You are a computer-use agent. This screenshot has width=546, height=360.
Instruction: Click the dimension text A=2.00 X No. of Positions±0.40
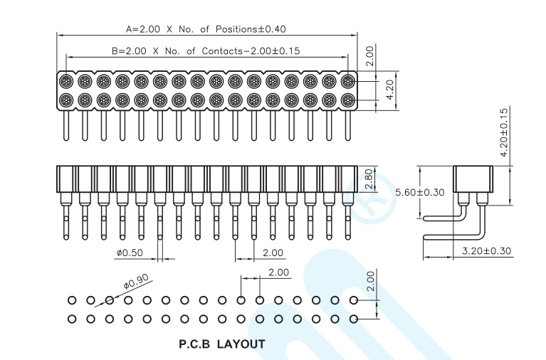(x=206, y=29)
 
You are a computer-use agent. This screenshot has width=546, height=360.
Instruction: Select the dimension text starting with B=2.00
(x=206, y=51)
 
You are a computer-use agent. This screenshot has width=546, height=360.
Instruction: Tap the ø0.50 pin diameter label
(x=130, y=253)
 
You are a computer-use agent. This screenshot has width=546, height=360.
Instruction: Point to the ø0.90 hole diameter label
(x=137, y=281)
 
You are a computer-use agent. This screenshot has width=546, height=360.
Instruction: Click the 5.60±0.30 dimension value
(x=420, y=192)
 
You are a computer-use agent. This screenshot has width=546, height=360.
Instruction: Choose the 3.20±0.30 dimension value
(x=486, y=250)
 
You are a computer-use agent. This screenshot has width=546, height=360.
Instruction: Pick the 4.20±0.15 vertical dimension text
(x=504, y=132)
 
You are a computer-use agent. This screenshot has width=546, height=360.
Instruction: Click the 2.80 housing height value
(x=369, y=179)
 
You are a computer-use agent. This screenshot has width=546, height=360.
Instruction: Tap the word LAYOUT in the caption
(x=241, y=344)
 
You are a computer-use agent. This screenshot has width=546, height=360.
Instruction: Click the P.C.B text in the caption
(x=194, y=344)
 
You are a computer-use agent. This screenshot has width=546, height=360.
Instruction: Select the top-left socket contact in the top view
(x=65, y=82)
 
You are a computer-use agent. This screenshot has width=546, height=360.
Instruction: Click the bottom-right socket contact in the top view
(x=347, y=100)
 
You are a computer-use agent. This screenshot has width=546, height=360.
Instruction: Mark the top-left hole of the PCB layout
(x=72, y=300)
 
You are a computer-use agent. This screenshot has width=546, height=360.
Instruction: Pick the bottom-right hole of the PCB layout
(x=353, y=319)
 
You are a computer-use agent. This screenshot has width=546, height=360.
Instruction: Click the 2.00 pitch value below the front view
(x=273, y=253)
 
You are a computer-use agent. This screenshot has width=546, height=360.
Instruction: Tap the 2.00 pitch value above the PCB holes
(x=278, y=272)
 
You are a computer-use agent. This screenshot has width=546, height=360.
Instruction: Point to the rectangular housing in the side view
(x=473, y=179)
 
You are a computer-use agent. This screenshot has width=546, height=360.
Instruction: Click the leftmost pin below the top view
(x=66, y=126)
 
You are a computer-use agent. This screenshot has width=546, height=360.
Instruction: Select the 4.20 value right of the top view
(x=390, y=90)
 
